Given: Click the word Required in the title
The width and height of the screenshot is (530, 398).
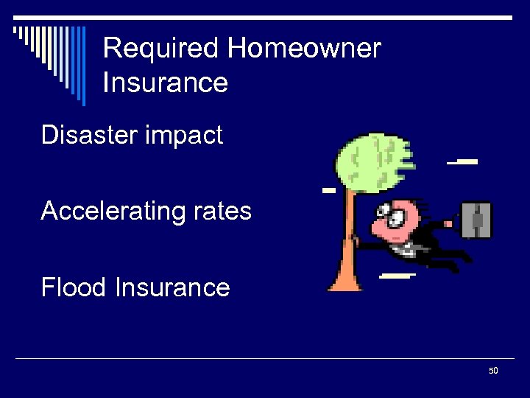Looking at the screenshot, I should click(162, 49).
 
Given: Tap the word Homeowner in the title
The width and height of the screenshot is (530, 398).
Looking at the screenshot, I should click(305, 49).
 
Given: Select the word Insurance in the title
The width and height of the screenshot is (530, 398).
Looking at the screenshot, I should click(166, 83).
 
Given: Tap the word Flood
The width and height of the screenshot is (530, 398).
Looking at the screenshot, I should click(74, 287).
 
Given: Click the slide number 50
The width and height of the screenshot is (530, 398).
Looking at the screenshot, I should click(493, 370).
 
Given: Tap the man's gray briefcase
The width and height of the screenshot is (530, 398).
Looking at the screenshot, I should click(476, 220).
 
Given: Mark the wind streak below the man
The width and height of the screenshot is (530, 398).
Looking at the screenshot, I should click(396, 276).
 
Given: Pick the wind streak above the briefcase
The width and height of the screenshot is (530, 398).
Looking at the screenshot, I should click(463, 161).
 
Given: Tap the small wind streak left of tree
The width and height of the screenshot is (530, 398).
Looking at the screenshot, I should click(329, 190).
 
